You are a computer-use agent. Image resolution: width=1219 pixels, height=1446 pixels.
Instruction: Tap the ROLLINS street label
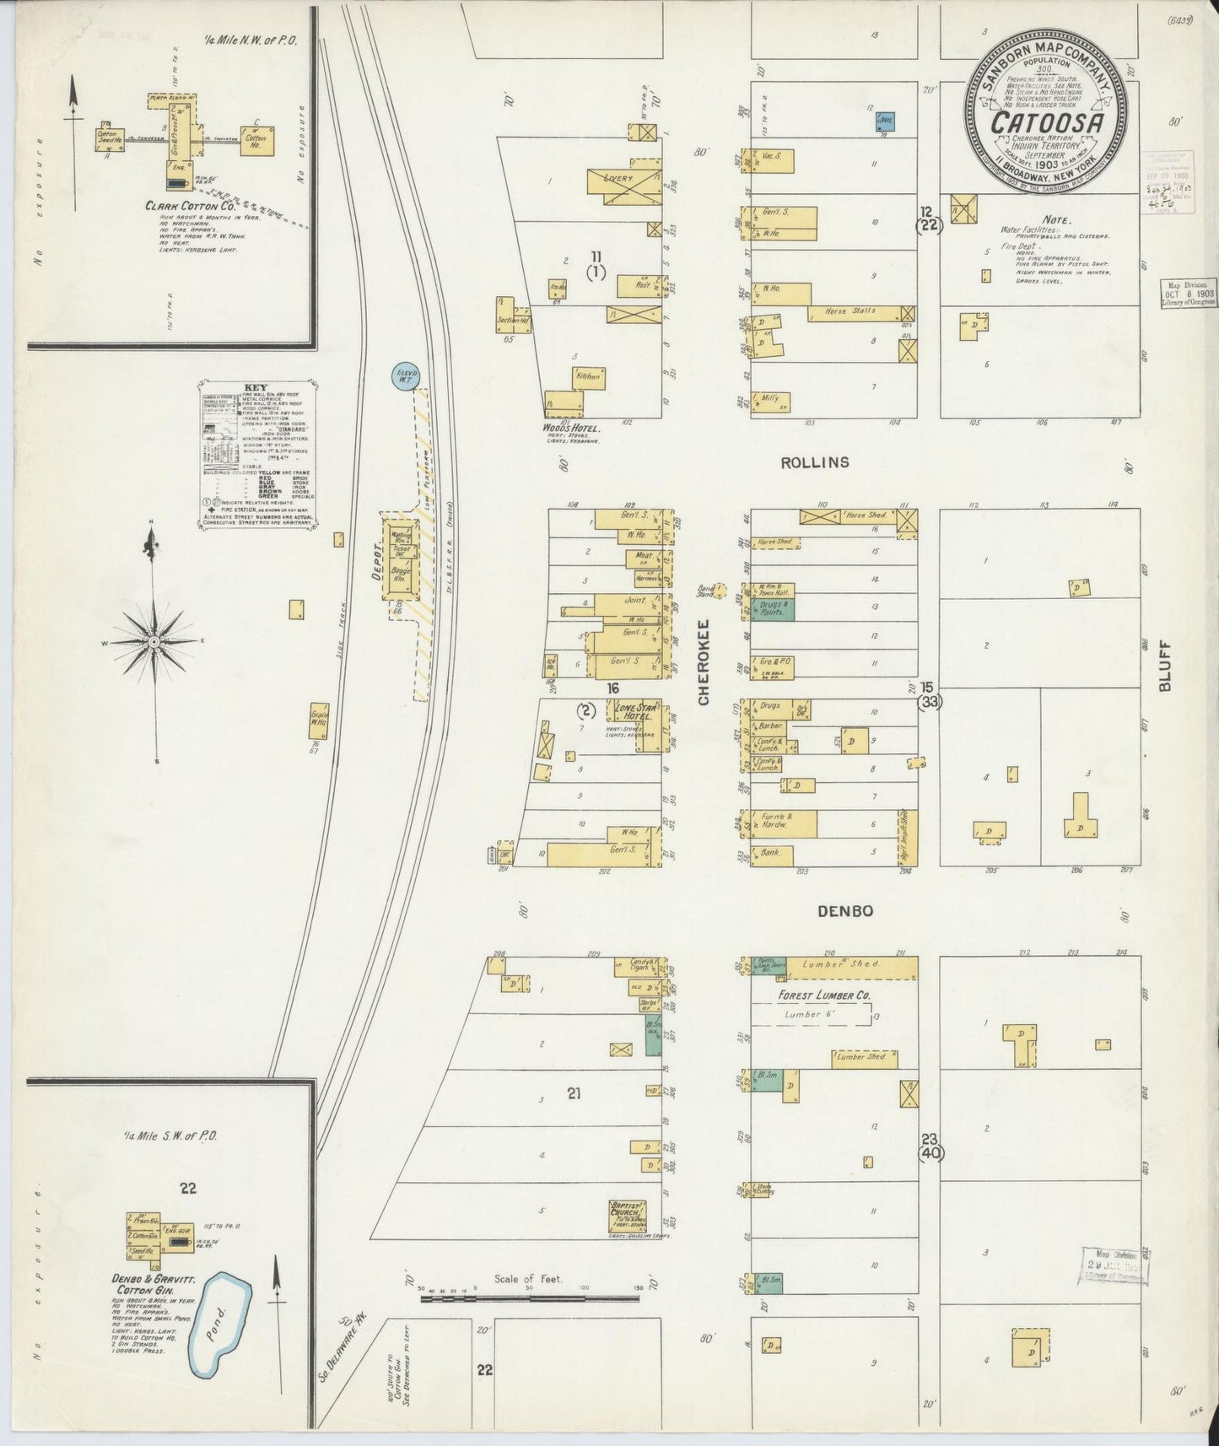click(814, 462)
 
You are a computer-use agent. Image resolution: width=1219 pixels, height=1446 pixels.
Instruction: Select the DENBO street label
click(844, 911)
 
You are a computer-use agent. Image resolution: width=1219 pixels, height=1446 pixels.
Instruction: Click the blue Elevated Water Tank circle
click(405, 375)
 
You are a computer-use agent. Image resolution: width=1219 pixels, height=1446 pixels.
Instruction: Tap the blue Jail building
click(886, 121)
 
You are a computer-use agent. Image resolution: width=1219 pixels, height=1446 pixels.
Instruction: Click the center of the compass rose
click(154, 643)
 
